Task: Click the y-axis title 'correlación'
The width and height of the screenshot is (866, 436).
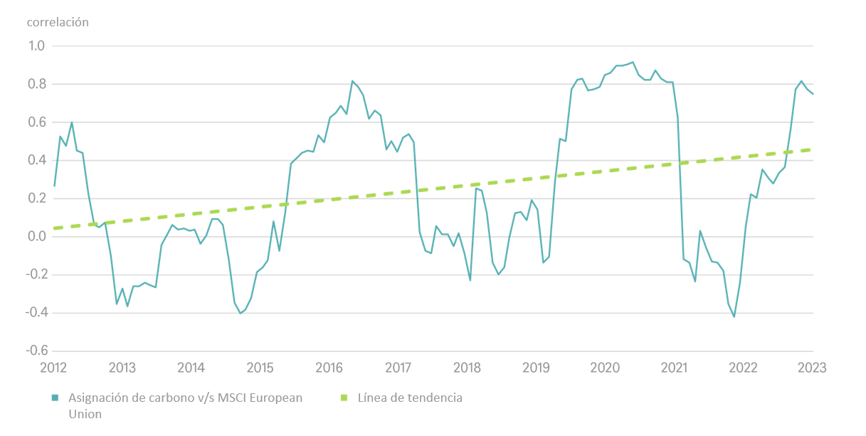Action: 58,22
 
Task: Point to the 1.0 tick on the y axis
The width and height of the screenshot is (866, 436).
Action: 37,46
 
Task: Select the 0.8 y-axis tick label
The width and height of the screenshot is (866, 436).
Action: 37,84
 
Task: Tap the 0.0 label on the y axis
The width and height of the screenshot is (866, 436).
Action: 37,237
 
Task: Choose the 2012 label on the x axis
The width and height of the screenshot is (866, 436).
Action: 53,368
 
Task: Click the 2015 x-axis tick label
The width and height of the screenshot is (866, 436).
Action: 260,368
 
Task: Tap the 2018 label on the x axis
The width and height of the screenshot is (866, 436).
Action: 467,368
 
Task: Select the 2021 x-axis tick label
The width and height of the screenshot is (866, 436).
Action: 673,368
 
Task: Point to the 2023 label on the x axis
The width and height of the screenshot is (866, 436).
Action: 812,368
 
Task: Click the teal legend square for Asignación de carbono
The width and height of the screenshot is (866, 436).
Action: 56,398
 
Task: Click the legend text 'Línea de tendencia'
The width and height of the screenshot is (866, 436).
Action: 410,398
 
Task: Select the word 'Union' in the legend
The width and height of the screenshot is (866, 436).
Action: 85,414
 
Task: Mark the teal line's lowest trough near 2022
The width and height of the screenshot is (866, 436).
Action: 734,317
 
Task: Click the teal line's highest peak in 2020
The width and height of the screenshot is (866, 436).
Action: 633,62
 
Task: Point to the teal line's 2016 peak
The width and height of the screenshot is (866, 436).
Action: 352,81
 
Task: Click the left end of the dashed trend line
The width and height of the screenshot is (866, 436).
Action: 54,228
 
